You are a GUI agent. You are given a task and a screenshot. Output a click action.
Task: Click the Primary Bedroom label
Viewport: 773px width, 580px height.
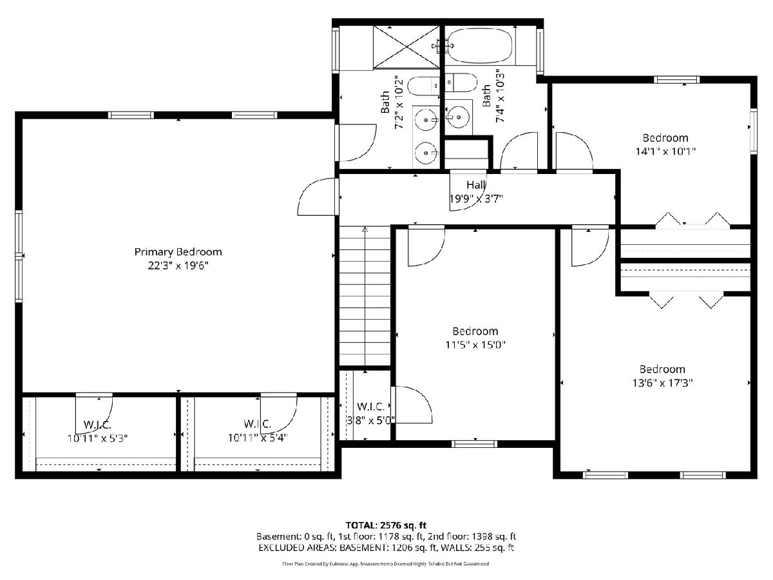pos(178,252)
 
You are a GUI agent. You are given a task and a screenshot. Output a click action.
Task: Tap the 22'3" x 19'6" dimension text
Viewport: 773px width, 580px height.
pos(178,266)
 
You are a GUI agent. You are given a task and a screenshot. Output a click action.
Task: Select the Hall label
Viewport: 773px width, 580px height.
pos(476,185)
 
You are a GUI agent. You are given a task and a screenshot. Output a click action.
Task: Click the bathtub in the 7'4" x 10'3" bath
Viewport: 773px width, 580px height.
pos(479,46)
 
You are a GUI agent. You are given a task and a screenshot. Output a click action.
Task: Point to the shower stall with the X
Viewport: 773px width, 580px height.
pos(406,47)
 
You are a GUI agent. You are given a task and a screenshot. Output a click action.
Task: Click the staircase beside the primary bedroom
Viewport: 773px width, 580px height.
pos(365,296)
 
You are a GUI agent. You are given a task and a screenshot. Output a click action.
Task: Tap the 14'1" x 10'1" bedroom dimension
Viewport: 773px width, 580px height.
pos(665,151)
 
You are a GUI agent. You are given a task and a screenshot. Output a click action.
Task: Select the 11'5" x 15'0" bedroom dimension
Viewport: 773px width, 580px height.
pos(475,345)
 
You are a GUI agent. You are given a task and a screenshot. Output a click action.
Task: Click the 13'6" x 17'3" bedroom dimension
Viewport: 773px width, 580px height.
pos(662,383)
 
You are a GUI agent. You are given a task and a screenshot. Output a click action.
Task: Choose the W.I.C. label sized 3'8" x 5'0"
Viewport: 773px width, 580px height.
pos(371,407)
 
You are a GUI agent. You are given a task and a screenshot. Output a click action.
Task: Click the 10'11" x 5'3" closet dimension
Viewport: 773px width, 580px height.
pos(97,438)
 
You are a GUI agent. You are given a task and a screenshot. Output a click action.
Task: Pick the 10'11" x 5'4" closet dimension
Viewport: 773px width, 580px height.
pos(258,438)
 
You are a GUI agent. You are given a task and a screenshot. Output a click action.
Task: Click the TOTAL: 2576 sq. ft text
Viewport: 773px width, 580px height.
pos(386,525)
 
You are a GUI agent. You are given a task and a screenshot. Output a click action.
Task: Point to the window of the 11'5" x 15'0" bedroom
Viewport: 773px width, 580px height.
pos(474,444)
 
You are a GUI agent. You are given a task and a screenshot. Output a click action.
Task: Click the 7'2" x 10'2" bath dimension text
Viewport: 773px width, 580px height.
pos(399,102)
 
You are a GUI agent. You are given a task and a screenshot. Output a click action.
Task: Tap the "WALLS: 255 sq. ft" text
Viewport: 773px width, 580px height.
pos(477,548)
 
